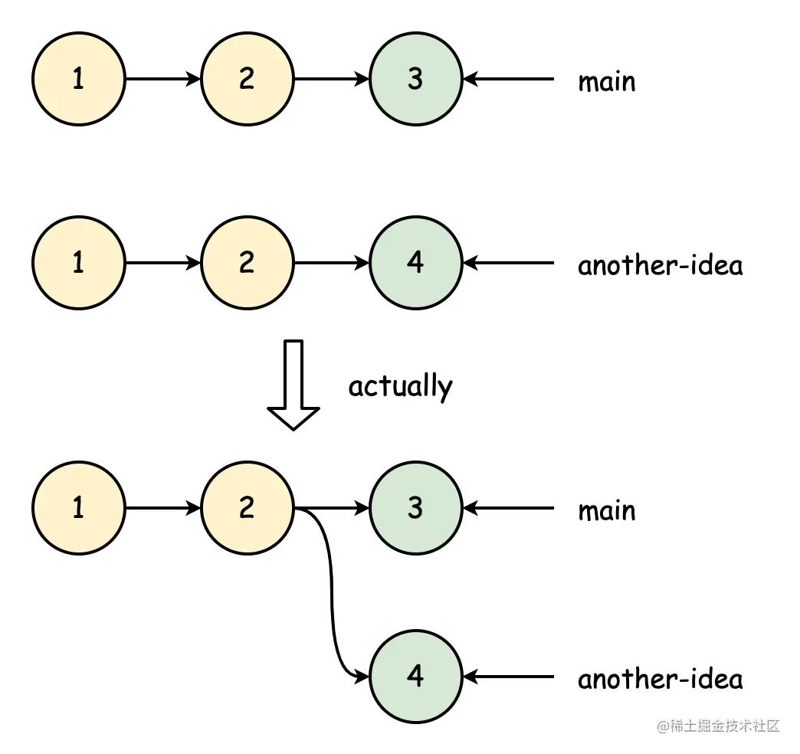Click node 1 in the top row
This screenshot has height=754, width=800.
coord(78,79)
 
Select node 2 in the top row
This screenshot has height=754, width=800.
coord(247,79)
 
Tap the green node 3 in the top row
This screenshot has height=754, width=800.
coord(415,79)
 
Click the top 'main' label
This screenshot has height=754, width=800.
coord(606,80)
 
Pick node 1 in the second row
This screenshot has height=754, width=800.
coord(78,263)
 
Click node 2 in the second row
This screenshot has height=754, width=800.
coord(247,263)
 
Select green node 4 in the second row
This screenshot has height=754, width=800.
coord(415,263)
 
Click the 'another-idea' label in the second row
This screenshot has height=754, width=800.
coord(660,265)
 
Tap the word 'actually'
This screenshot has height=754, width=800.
coord(400,385)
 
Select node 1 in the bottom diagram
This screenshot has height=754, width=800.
coord(78,508)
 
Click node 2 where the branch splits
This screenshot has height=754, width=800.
coord(247,508)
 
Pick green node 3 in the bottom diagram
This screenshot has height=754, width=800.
coord(415,508)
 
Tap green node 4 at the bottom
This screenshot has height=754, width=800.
coord(415,677)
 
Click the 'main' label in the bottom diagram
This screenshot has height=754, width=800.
coord(606,510)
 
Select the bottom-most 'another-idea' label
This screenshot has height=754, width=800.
coord(660,679)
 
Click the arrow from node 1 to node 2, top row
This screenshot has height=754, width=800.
coord(162,79)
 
